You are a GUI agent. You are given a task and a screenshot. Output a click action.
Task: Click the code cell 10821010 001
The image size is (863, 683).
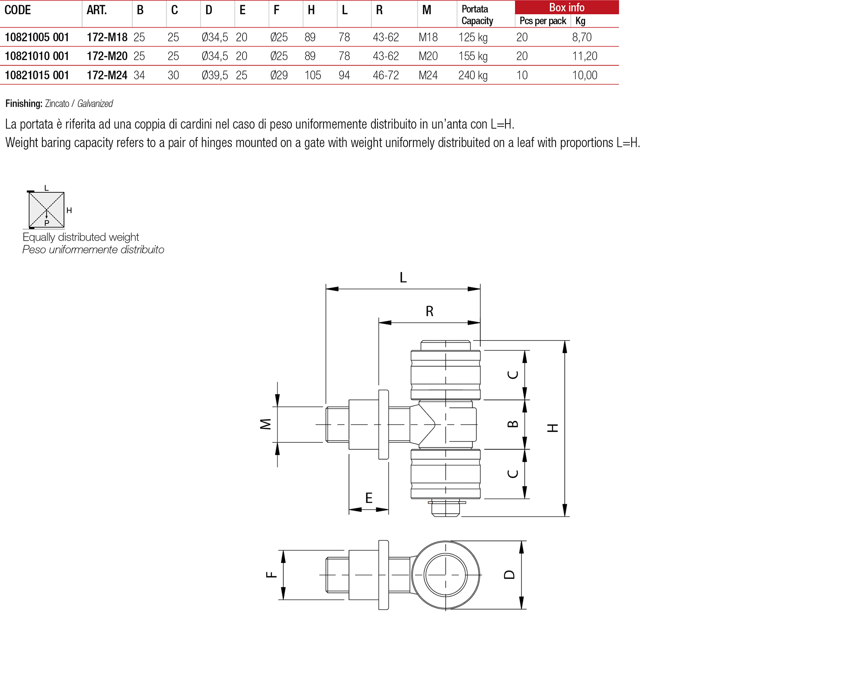pos(37,56)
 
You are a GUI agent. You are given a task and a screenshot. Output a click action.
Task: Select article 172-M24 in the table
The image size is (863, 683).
pos(107,75)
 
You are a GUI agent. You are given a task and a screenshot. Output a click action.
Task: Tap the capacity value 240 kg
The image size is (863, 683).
pos(473,75)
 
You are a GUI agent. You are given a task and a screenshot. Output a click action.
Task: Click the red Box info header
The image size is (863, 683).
pos(566,7)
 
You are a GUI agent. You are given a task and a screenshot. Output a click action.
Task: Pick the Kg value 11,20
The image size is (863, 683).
pos(585,56)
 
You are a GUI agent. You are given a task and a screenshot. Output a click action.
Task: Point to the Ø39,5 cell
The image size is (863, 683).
pos(215,75)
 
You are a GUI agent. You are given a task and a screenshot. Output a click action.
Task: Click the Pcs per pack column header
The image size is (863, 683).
pos(543,21)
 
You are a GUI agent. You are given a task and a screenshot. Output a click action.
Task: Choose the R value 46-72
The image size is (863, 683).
pos(386,75)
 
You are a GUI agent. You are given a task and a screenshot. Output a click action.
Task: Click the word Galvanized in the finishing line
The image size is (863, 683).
pos(95,104)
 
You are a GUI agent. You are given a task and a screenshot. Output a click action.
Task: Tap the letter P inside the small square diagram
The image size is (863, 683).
pos(47,223)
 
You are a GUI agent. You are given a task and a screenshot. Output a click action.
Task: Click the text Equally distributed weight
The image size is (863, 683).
pos(81,237)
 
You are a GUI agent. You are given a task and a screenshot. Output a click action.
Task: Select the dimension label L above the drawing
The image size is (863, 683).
pos(403,277)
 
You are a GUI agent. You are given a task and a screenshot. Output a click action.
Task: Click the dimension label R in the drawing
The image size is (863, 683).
pos(429,311)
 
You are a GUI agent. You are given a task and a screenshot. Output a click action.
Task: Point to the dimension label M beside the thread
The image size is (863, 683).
pos(265,424)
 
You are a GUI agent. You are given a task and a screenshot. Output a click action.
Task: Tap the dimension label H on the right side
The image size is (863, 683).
pos(553,428)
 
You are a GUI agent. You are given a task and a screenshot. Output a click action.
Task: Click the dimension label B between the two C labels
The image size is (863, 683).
pos(512,424)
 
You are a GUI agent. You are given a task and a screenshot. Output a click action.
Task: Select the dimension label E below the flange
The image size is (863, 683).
pos(369,498)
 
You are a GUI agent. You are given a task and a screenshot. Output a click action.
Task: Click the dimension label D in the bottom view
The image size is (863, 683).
pos(510,575)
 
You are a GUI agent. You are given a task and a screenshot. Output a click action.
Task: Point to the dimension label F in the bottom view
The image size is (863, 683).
pos(271,575)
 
